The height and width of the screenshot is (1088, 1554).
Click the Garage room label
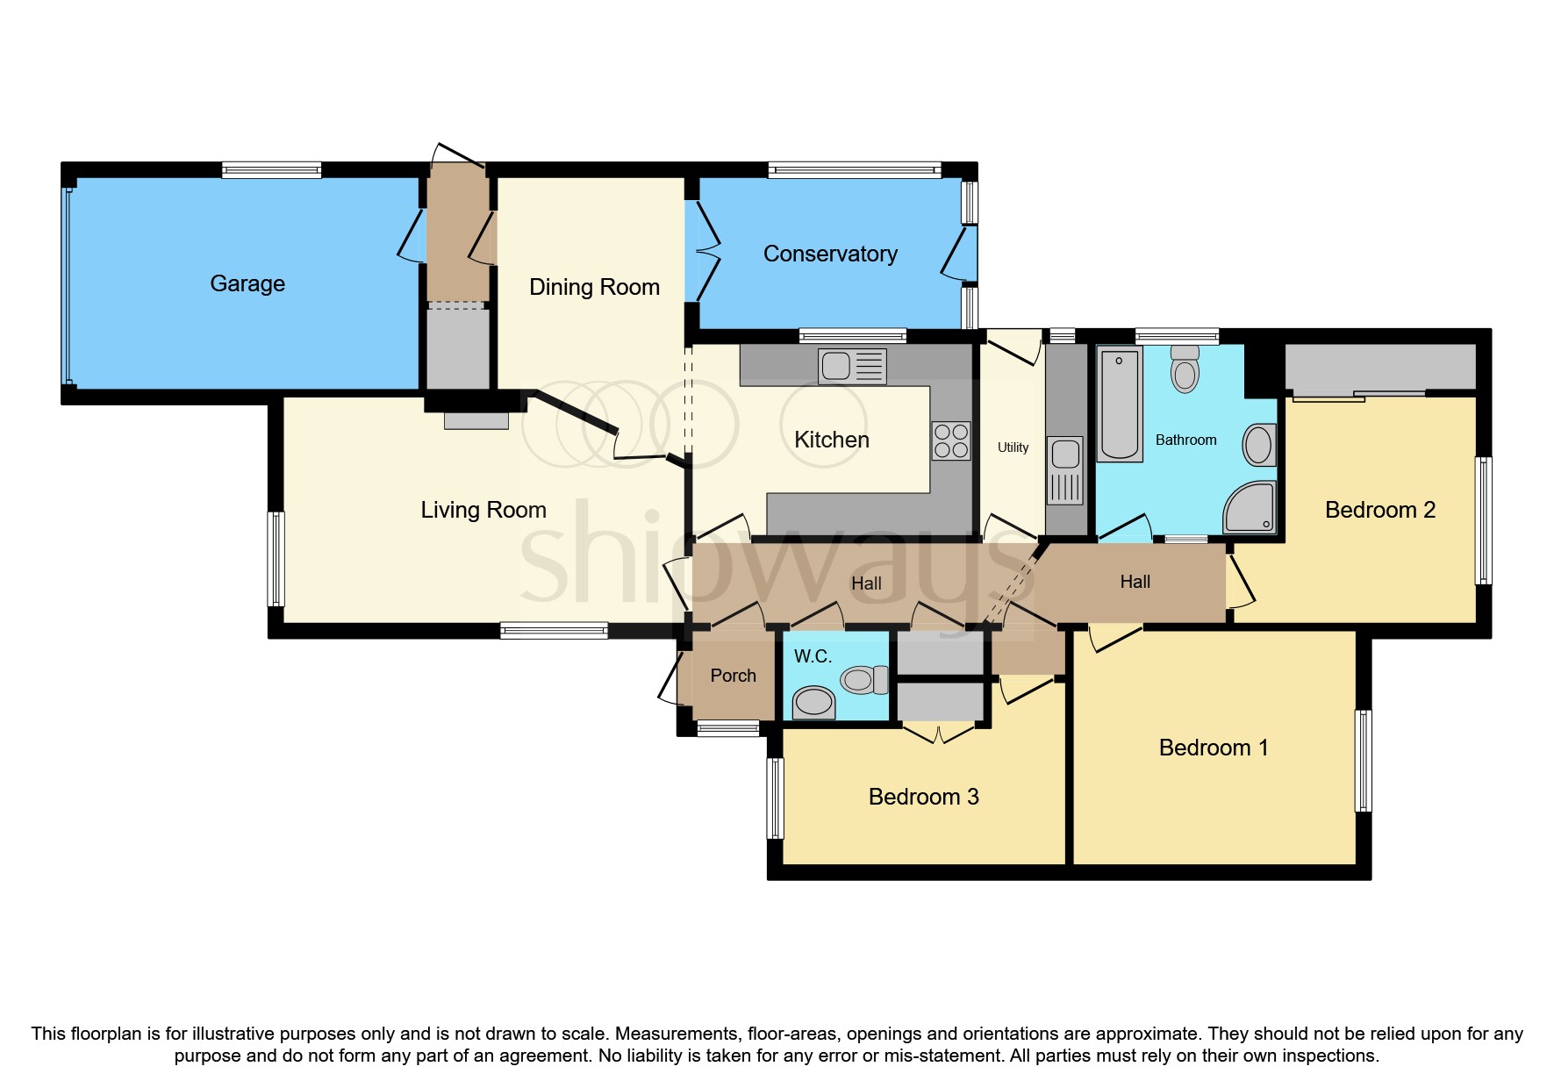[247, 283]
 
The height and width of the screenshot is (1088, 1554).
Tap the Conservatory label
[830, 254]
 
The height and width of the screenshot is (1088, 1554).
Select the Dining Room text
[594, 287]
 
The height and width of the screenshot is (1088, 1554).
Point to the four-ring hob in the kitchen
[951, 440]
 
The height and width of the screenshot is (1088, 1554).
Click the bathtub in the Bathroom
[1120, 404]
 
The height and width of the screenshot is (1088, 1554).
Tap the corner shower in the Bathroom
[1250, 507]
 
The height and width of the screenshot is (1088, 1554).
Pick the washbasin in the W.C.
[813, 702]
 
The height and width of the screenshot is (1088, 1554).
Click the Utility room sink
[1065, 455]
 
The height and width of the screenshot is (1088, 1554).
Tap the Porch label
[733, 676]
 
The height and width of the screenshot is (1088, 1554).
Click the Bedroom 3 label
[923, 797]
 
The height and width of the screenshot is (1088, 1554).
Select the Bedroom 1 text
[1213, 748]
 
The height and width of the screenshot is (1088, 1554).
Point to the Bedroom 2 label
[1379, 510]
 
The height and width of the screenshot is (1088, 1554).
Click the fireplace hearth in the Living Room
[476, 420]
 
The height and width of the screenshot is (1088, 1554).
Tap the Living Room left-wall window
[276, 559]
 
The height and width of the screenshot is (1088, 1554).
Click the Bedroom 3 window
[775, 798]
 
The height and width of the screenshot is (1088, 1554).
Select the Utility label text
[1013, 447]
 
